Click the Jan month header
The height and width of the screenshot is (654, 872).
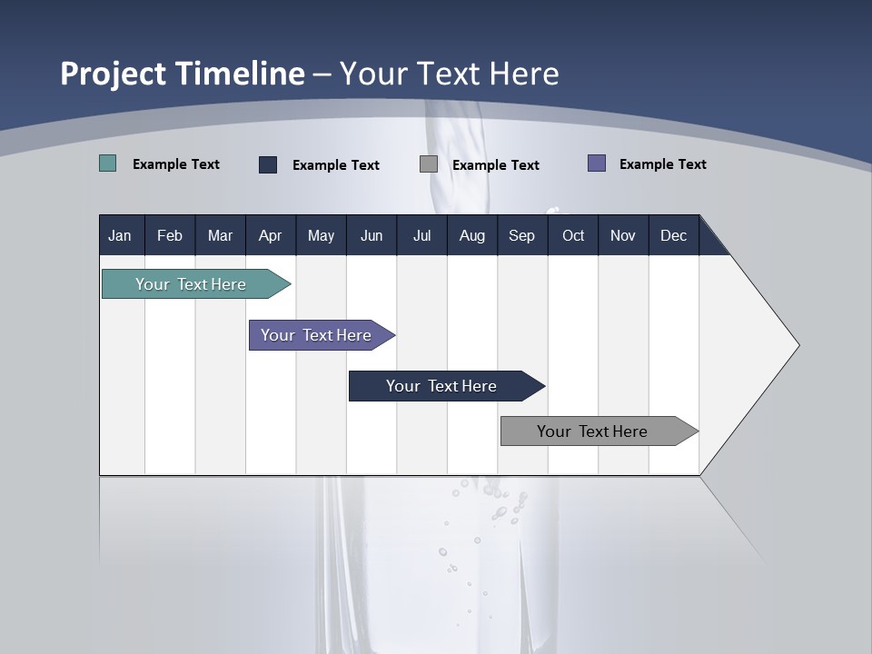click(x=120, y=235)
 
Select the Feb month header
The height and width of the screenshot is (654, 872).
click(x=170, y=235)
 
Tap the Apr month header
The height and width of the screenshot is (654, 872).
click(x=271, y=235)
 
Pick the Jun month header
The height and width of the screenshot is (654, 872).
click(x=372, y=235)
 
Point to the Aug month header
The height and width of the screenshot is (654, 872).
click(x=471, y=235)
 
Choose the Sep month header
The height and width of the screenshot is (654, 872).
click(x=521, y=235)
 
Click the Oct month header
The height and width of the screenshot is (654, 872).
click(x=573, y=235)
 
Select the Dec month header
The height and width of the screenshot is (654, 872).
click(x=673, y=235)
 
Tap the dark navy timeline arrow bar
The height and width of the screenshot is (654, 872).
click(x=442, y=386)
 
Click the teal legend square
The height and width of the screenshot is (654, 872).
click(x=108, y=163)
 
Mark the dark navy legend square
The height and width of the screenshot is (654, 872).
click(x=268, y=164)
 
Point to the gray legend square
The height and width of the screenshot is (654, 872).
click(x=429, y=164)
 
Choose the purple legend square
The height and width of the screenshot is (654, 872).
click(x=597, y=163)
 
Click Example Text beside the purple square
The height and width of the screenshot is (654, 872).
click(x=662, y=164)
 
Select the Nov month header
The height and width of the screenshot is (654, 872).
click(x=623, y=235)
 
